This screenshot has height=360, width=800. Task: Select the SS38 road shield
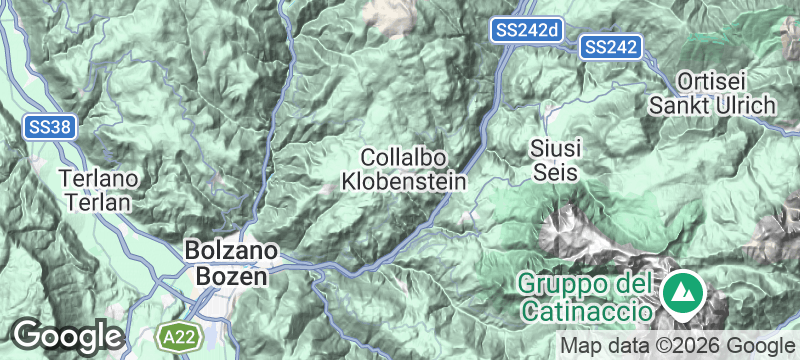coord(47,126)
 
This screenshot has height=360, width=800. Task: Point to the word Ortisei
coord(712,81)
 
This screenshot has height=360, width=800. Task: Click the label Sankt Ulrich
coord(712,104)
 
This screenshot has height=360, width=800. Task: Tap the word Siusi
coord(556,149)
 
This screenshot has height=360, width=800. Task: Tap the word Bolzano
coord(226,252)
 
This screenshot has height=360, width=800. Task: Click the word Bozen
coord(226,275)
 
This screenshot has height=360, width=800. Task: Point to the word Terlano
coord(97,179)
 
